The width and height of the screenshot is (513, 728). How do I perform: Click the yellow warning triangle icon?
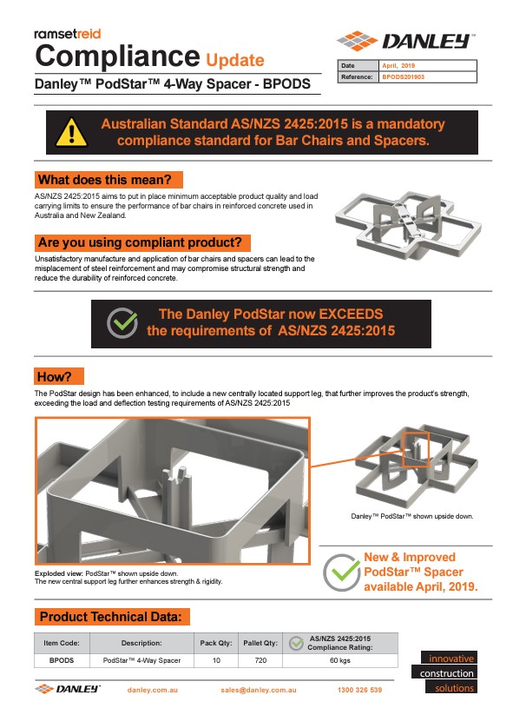[71, 133]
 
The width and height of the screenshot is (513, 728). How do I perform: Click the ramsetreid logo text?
[68, 34]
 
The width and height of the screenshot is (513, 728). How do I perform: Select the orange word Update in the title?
[235, 60]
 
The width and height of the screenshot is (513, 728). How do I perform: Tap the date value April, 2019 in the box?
[398, 65]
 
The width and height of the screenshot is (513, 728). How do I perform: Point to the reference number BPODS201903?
[403, 77]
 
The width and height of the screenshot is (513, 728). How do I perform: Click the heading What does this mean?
[105, 180]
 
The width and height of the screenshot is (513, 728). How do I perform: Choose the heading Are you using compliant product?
[140, 242]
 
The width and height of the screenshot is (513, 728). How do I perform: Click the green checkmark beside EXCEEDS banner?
[122, 322]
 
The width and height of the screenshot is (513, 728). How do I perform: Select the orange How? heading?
[55, 376]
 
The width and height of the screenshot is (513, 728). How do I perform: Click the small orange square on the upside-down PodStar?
[416, 449]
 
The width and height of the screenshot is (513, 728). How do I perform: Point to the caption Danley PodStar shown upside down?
[412, 516]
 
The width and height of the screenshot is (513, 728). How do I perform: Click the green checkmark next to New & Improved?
[342, 572]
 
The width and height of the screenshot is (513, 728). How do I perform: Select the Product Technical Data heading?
[111, 617]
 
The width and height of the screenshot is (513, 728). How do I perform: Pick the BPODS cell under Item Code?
[62, 660]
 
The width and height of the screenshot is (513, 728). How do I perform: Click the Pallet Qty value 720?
[260, 660]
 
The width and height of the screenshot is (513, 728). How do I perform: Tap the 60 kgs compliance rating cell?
[340, 660]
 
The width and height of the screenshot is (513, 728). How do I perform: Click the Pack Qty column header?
[216, 643]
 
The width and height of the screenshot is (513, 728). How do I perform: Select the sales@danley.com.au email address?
[259, 690]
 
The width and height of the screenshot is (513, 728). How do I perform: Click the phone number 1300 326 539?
[360, 690]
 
